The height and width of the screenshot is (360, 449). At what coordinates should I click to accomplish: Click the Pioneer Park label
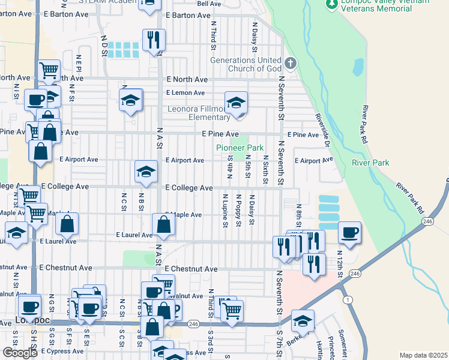coord(240,148)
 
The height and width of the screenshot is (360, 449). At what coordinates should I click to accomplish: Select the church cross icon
coord(291,63)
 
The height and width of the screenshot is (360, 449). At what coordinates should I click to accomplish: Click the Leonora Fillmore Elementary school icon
coord(237,103)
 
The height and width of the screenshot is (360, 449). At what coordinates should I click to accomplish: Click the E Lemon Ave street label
coord(185,93)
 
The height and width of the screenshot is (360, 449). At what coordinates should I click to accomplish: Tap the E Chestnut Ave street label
coord(191,269)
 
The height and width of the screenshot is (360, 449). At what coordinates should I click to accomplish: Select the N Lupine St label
coord(225,211)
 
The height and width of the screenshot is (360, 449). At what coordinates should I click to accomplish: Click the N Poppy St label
coord(238,211)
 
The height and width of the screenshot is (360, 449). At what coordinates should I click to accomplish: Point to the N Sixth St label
coord(265,169)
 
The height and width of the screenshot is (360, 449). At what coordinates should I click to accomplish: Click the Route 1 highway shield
coord(346,299)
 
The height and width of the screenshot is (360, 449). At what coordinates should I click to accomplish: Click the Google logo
coord(20,353)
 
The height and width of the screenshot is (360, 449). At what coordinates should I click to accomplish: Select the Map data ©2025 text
coord(423,355)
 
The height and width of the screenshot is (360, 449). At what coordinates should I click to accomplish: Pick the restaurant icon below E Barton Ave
coord(154,41)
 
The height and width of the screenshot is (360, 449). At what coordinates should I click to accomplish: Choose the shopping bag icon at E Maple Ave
coord(163,226)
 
